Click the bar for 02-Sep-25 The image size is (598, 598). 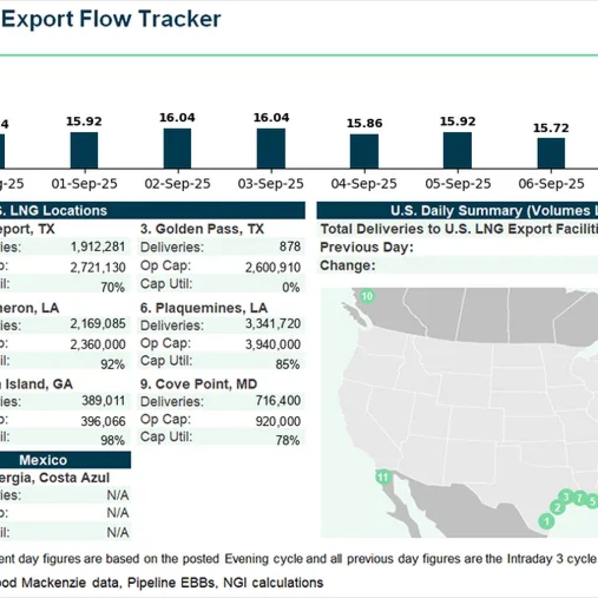[177, 148]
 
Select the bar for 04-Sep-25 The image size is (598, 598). [364, 151]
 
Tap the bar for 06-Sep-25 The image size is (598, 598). [551, 153]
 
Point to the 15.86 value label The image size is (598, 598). [364, 123]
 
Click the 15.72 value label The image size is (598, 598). [551, 127]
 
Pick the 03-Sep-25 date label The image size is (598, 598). [271, 184]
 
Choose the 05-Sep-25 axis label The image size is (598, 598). [458, 184]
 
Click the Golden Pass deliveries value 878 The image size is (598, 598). [290, 247]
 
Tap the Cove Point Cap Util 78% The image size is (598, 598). [288, 440]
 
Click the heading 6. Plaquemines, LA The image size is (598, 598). [204, 308]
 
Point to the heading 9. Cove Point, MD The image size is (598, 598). [199, 384]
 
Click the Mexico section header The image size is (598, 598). [43, 460]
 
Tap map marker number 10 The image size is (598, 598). [367, 296]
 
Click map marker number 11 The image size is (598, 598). [383, 477]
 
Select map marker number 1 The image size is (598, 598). [547, 520]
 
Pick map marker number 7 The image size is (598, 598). [579, 498]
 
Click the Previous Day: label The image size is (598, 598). [367, 247]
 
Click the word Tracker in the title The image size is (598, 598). [179, 19]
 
